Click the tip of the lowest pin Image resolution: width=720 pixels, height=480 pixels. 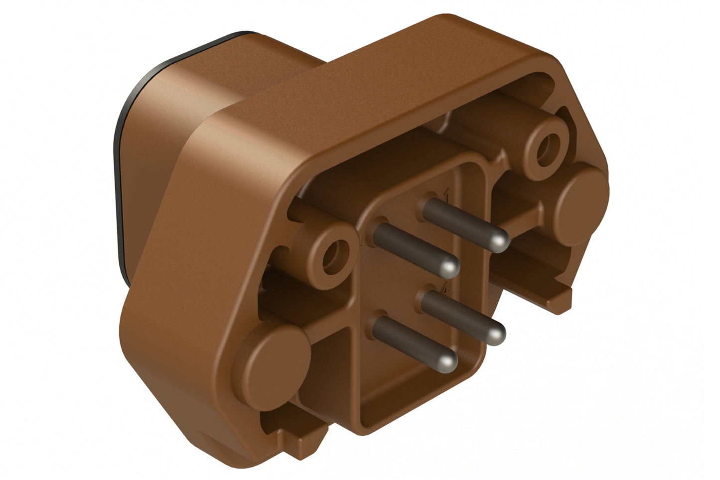point(449,362)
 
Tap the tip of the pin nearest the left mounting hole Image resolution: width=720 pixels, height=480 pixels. point(449,268)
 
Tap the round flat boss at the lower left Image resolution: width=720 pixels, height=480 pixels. point(275,358)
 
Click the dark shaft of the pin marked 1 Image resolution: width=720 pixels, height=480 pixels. point(458,219)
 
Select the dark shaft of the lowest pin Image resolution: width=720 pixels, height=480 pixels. point(409,341)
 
